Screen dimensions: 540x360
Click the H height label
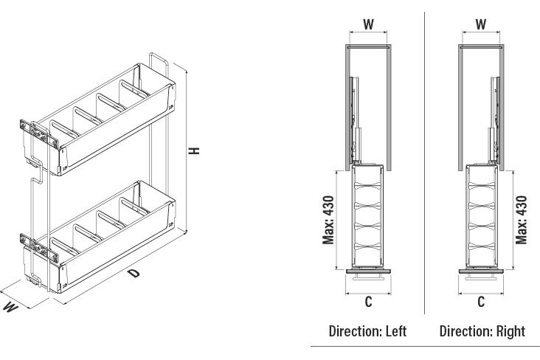[194, 150]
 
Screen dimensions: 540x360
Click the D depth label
[134, 274]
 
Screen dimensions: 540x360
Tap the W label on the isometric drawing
[10, 307]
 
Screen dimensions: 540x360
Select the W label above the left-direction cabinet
[368, 24]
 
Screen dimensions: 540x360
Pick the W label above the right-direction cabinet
[481, 24]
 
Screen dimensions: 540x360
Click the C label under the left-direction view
[368, 302]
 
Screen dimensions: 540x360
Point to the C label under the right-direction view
[481, 302]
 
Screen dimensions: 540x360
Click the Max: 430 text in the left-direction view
[328, 220]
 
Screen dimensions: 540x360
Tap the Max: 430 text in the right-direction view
[522, 220]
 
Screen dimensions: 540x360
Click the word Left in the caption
[396, 331]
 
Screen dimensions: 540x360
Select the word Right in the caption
[510, 332]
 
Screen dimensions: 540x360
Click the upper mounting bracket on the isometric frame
[38, 132]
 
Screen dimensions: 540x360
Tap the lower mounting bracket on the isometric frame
[38, 247]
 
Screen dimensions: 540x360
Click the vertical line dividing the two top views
[424, 162]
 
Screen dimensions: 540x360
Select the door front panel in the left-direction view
[368, 271]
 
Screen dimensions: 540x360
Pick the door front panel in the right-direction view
[481, 271]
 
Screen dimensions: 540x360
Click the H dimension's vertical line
[187, 151]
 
